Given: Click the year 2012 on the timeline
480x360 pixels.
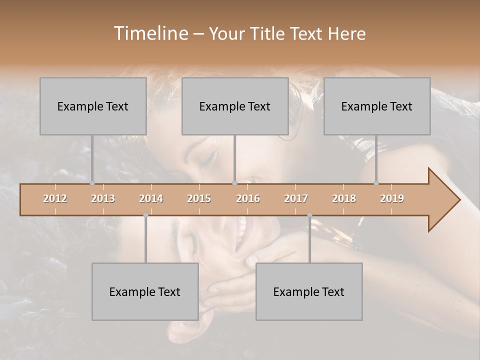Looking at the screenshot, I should [x=55, y=198].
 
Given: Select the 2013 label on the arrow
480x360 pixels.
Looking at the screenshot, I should [x=103, y=198].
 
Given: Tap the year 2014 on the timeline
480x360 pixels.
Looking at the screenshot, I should [x=151, y=198].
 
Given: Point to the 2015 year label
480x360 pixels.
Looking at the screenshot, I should [x=199, y=198].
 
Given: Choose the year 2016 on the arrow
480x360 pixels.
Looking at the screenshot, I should [x=248, y=198].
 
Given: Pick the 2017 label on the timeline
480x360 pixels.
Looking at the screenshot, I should [x=296, y=198].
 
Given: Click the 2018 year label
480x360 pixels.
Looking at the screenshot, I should [x=344, y=198].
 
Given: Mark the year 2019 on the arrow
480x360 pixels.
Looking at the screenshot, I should [x=392, y=198].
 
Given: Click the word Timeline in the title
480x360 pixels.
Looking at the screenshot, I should [x=149, y=33].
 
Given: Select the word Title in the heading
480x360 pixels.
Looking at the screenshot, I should [x=267, y=33].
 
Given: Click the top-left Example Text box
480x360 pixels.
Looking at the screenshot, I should [x=93, y=106].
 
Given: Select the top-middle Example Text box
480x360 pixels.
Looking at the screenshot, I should [x=235, y=106].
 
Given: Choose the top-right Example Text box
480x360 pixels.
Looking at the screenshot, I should [x=377, y=106].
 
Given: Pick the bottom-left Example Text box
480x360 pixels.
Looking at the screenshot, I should [x=145, y=291].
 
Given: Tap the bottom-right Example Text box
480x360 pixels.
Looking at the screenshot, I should [x=309, y=291].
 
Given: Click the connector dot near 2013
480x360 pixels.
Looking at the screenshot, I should [x=92, y=183].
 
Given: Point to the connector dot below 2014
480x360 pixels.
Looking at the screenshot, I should [x=145, y=215].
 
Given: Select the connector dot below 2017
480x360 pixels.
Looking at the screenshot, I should [x=309, y=215].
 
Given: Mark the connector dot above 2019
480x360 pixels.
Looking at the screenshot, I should [x=376, y=183].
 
